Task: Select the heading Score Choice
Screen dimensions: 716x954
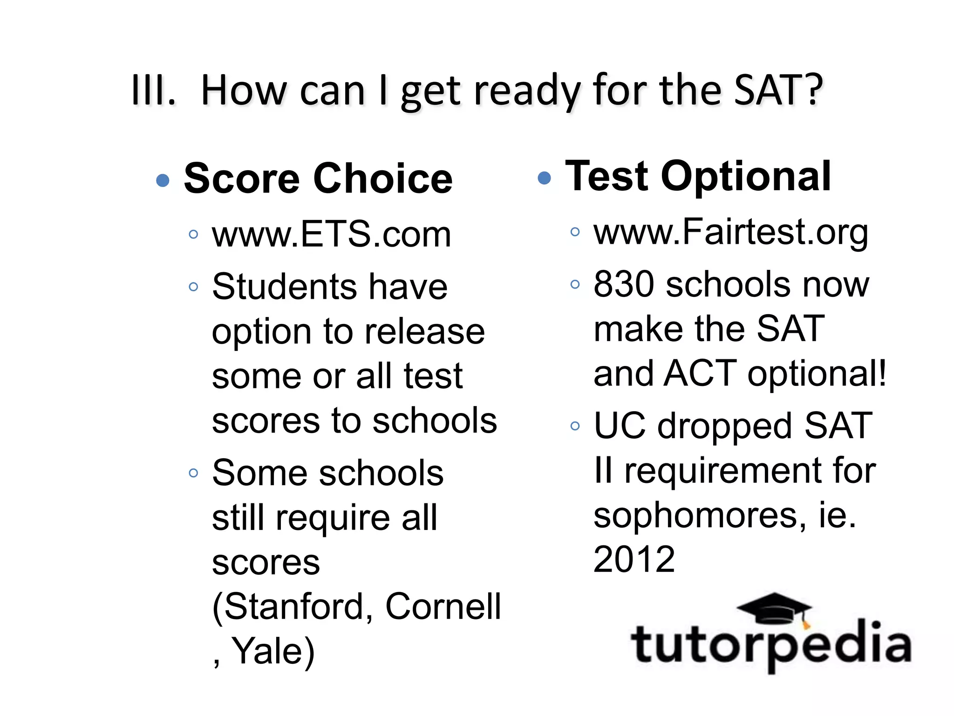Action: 318,179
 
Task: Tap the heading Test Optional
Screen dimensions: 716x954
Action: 698,176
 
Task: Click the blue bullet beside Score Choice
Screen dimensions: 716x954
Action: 163,180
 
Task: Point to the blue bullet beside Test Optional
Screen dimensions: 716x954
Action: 544,178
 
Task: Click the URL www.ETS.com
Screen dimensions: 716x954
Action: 331,234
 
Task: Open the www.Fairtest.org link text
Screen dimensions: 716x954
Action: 730,232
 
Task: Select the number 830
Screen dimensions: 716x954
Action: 624,284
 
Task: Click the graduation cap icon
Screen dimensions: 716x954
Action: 774,608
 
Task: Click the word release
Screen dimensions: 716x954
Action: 424,332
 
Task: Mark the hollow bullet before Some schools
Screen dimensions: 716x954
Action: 193,473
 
